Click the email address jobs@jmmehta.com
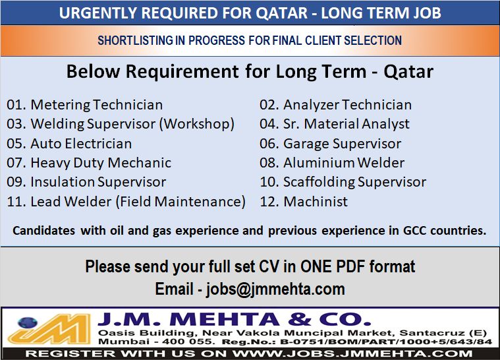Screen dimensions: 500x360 [x=275, y=289]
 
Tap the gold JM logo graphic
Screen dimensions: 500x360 [x=49, y=330]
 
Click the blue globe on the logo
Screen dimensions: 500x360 [x=28, y=322]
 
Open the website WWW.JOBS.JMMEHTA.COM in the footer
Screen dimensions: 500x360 [x=352, y=353]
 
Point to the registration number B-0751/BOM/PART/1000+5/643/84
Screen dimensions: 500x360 [x=386, y=342]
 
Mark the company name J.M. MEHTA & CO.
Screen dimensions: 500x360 [x=235, y=320]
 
